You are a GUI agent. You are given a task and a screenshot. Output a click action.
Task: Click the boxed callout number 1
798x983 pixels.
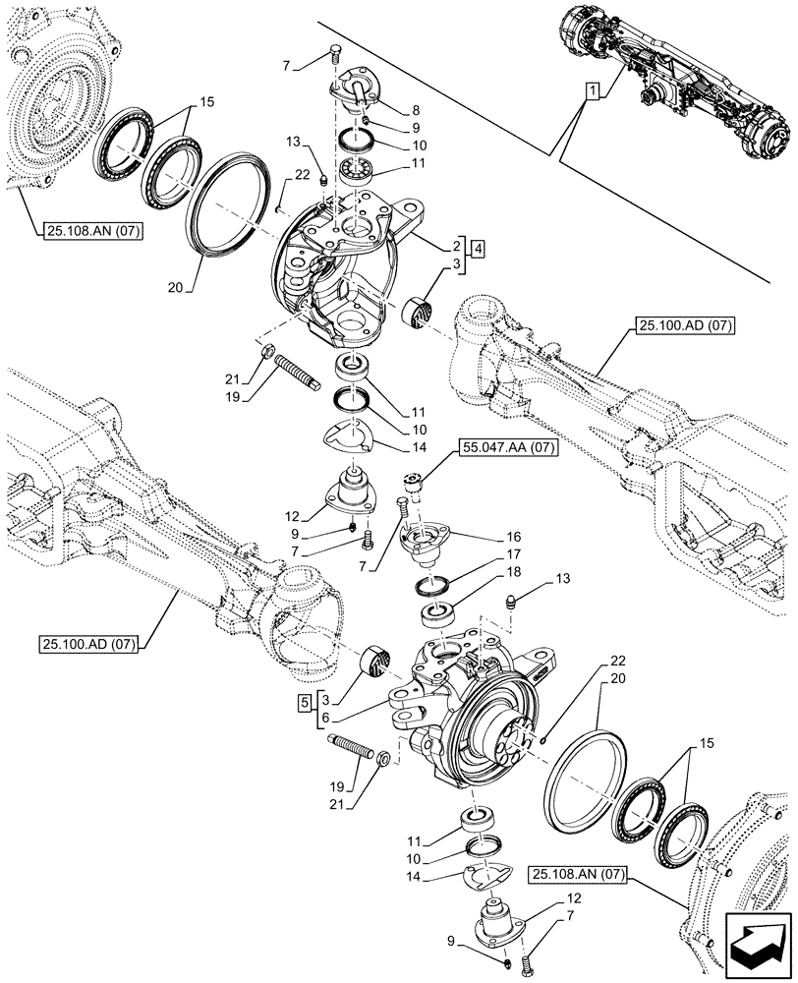(x=593, y=92)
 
